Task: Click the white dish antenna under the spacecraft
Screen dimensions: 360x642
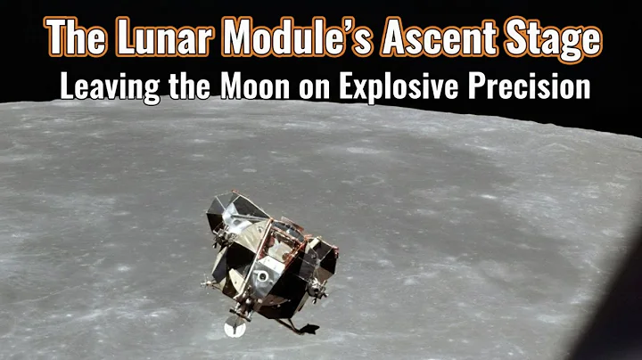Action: coord(234,328)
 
